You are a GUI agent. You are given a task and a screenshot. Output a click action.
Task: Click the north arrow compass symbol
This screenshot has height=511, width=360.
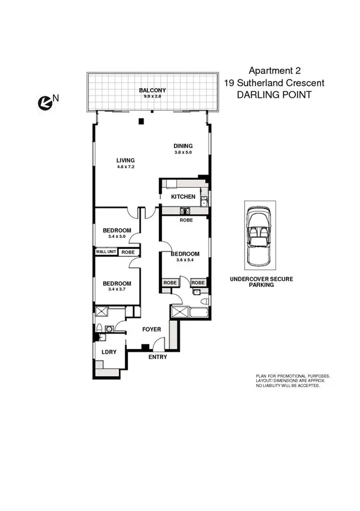tap(45, 103)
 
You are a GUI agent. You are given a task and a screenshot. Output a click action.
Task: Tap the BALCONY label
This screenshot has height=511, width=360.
tap(149, 91)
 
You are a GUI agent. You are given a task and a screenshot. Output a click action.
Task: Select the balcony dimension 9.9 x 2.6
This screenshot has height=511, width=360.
tap(149, 97)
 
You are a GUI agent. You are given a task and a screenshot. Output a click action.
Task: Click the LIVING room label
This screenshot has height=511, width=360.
tap(125, 160)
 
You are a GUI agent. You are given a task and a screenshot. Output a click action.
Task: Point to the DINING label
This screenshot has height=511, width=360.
tap(183, 146)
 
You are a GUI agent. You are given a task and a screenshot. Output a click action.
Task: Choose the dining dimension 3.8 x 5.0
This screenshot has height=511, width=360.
tap(183, 152)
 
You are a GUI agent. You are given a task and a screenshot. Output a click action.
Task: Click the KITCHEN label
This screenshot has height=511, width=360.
tap(183, 197)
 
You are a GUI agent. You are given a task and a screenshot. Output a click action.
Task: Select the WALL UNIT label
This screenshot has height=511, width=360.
tap(105, 252)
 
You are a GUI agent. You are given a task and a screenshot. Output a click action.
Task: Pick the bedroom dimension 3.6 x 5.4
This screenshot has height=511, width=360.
tap(184, 260)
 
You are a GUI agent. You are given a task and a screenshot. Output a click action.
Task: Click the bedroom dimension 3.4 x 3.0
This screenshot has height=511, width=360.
tap(117, 237)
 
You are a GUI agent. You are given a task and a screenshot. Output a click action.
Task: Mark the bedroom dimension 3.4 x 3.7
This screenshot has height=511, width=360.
tap(117, 290)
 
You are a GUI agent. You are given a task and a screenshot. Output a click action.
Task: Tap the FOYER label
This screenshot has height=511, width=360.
tap(150, 330)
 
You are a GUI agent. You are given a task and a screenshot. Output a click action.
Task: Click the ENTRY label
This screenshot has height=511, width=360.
tap(158, 357)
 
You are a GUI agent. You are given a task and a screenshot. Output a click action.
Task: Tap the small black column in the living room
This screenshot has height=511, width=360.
tap(141, 121)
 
